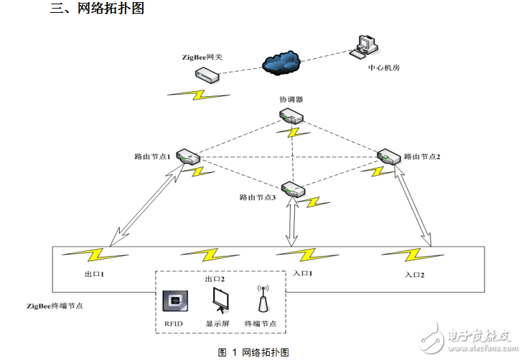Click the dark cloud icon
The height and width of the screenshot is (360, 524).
point(281,63)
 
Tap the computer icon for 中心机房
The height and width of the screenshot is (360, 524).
point(363,47)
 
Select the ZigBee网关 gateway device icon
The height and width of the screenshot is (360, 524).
point(206,75)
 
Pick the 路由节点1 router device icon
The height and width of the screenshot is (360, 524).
point(188,157)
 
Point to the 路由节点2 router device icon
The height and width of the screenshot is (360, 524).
point(388,156)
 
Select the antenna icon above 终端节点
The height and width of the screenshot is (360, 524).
point(263,300)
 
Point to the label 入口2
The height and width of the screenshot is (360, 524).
point(415,275)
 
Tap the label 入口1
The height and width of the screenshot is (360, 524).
point(304,274)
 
